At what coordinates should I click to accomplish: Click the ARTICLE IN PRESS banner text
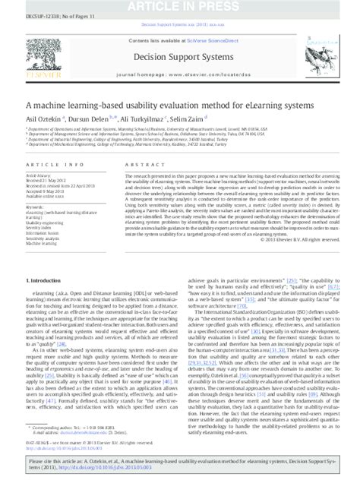179,6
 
